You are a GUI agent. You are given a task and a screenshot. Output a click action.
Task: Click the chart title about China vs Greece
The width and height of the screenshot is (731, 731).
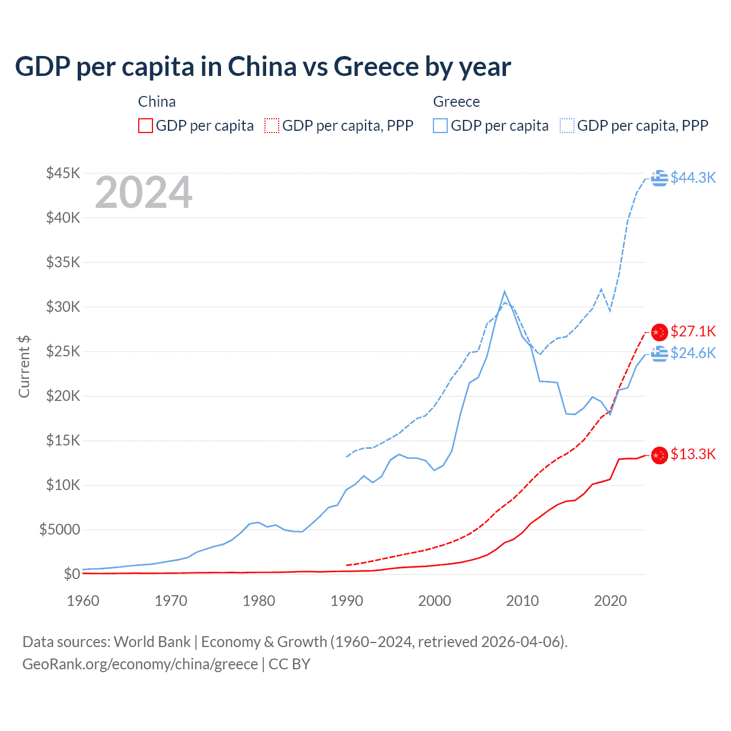click(x=263, y=67)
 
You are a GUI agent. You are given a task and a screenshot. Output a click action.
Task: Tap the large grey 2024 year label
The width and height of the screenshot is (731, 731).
click(x=143, y=193)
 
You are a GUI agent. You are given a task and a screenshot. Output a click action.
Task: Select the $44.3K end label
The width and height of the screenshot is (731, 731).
click(x=693, y=178)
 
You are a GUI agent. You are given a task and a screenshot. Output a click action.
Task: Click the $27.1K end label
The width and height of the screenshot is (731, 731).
click(x=693, y=331)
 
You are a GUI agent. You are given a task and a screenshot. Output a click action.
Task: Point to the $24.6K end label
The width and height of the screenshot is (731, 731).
click(x=693, y=353)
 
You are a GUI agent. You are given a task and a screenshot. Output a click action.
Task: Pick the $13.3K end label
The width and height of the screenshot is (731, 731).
click(x=693, y=454)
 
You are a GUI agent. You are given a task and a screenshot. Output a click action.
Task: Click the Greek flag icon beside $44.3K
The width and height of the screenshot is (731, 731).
click(x=660, y=178)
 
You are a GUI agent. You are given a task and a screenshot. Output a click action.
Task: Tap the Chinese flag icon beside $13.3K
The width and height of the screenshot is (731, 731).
click(x=660, y=455)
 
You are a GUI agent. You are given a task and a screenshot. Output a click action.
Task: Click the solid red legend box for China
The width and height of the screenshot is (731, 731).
click(x=146, y=126)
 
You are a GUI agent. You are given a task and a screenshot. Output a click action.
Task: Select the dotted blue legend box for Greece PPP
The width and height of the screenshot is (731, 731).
click(x=567, y=126)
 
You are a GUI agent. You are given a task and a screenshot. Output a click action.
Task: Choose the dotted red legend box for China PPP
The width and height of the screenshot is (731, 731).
click(x=272, y=126)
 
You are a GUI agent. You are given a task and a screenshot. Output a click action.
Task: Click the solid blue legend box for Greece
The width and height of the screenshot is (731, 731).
click(x=440, y=126)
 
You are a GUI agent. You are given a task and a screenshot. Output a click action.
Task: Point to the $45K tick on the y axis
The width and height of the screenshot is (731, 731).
click(x=63, y=173)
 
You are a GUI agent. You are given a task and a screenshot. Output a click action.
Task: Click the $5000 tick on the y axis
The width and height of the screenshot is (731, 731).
click(x=59, y=529)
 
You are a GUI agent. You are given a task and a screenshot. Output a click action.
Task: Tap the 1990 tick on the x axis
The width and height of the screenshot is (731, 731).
click(x=347, y=601)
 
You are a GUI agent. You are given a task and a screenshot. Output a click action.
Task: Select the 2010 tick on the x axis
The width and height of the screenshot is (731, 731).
click(x=523, y=601)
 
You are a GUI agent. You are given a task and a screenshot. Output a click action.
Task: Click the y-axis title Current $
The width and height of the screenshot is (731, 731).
click(x=24, y=367)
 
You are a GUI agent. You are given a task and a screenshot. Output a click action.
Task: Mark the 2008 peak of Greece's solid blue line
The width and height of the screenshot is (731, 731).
click(x=504, y=291)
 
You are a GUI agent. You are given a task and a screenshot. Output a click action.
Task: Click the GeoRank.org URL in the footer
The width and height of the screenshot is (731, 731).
click(x=140, y=664)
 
